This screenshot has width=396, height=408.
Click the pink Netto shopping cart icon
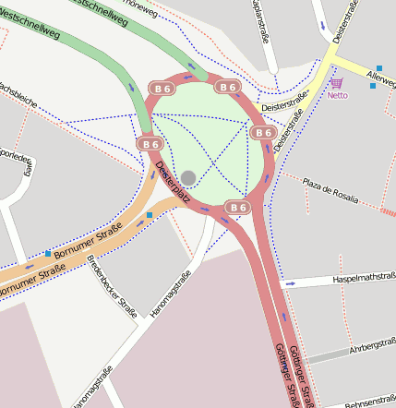click(x=336, y=83)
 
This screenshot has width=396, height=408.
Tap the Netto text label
click(x=337, y=95)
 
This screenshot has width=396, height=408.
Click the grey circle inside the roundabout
click(x=188, y=177)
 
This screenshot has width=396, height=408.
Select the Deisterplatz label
click(x=173, y=183)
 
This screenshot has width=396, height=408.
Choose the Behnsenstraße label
click(x=369, y=403)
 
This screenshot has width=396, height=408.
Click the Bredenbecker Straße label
click(x=111, y=285)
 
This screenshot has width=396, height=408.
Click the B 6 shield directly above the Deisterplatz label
click(x=150, y=144)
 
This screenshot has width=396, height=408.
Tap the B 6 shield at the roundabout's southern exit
click(x=237, y=208)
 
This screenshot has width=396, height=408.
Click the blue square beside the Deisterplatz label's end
click(x=150, y=215)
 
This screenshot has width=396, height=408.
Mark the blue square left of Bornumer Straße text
click(x=47, y=253)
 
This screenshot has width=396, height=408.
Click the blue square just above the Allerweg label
click(x=379, y=68)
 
